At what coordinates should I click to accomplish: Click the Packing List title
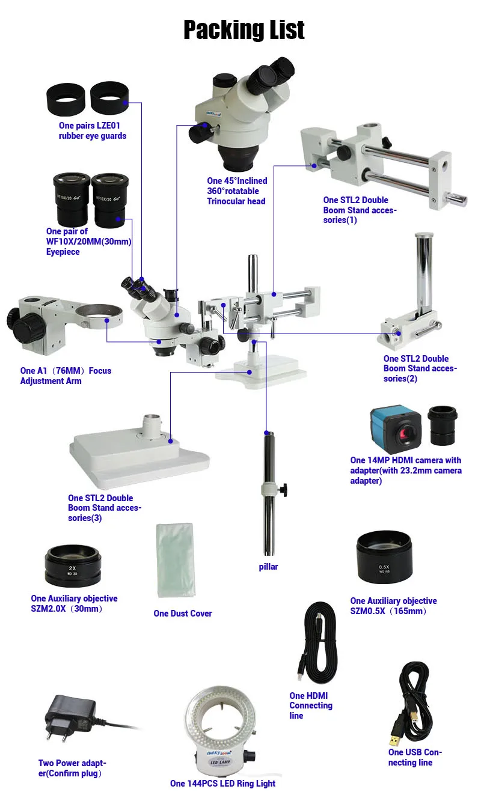coord(244,30)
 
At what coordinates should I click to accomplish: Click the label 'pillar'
coord(268,567)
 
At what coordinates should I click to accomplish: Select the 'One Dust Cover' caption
coord(182,614)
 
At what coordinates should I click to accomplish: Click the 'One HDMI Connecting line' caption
coord(311,705)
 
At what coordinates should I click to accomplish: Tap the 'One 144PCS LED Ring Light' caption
coord(222,784)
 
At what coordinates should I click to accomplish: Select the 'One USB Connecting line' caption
coord(415,757)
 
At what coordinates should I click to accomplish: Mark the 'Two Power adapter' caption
coord(72,768)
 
